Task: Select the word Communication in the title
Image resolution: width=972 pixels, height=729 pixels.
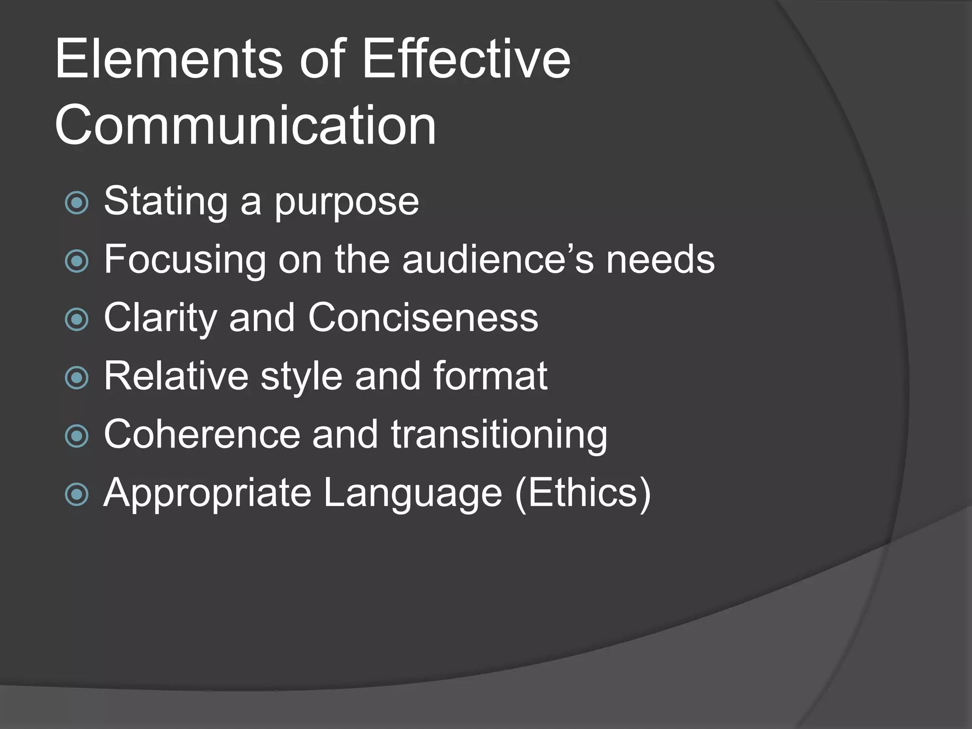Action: click(245, 126)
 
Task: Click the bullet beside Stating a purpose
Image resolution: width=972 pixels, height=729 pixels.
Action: click(76, 203)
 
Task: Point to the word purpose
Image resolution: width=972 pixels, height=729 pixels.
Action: click(347, 202)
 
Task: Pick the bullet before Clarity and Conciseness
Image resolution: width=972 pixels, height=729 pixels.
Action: click(76, 319)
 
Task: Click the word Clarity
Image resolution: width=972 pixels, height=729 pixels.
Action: click(160, 318)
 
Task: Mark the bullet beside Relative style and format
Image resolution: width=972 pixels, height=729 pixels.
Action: click(76, 378)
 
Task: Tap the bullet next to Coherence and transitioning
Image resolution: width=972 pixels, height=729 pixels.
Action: click(76, 436)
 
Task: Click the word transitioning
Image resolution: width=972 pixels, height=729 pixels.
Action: click(499, 435)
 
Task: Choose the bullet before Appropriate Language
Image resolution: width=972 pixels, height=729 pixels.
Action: click(76, 495)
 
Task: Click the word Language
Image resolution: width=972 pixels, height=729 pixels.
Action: click(412, 494)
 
